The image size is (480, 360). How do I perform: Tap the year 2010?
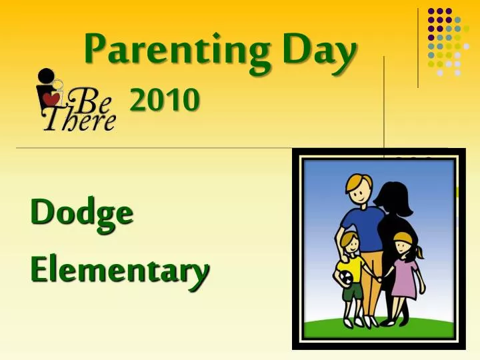(164, 101)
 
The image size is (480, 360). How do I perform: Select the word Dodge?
(81, 214)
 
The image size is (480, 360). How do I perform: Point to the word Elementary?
(119, 270)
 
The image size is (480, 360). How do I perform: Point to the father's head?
(359, 189)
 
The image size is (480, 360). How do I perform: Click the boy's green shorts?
(353, 291)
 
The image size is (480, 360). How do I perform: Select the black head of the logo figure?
(45, 75)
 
